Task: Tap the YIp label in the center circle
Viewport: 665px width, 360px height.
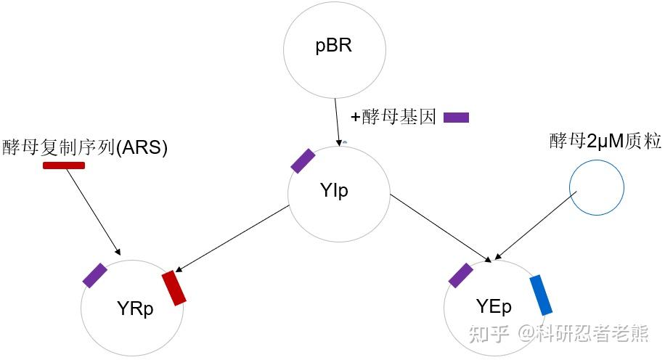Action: pyautogui.click(x=333, y=191)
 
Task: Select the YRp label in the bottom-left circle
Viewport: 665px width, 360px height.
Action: pyautogui.click(x=135, y=308)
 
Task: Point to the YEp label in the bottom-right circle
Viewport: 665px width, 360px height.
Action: pyautogui.click(x=494, y=306)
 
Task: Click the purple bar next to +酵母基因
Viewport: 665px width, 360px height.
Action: pyautogui.click(x=456, y=118)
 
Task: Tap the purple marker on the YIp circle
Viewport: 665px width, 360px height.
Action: pyautogui.click(x=303, y=161)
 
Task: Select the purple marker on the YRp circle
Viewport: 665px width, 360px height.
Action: pyautogui.click(x=95, y=275)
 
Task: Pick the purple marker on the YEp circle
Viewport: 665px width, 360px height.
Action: pyautogui.click(x=461, y=276)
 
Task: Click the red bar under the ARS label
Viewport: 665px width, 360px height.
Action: pyautogui.click(x=64, y=165)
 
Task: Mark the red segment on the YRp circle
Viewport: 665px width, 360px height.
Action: pyautogui.click(x=174, y=287)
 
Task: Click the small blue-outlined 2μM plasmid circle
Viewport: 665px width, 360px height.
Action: pyautogui.click(x=595, y=188)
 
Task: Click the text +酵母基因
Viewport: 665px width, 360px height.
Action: pyautogui.click(x=393, y=118)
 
